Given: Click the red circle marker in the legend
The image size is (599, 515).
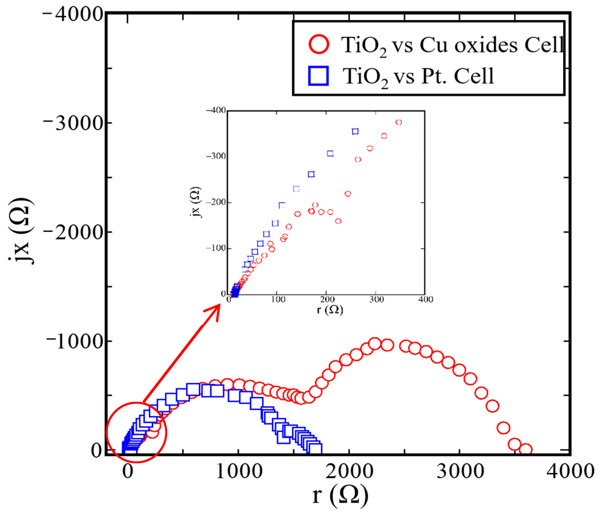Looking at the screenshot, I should click(319, 44).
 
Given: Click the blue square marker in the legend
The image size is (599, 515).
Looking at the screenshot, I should click(318, 76).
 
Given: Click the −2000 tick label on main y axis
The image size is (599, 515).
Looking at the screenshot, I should click(74, 232).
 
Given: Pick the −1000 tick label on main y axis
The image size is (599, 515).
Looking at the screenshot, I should click(75, 342).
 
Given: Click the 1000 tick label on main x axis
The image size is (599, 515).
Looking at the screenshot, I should click(239, 471).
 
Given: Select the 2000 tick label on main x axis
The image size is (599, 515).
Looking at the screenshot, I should click(350, 471).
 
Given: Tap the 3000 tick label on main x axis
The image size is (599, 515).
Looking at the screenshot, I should click(460, 471).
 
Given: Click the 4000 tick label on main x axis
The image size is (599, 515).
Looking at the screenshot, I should click(570, 471).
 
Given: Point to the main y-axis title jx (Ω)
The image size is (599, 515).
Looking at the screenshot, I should click(21, 232).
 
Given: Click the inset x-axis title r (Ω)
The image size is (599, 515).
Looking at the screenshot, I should click(330, 310).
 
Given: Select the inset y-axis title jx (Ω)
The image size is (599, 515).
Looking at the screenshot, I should click(196, 202).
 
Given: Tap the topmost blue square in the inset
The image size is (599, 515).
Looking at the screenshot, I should click(355, 131).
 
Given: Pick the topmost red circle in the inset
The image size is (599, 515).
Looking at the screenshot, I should click(399, 122).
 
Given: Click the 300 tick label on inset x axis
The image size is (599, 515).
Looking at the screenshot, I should click(377, 299).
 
